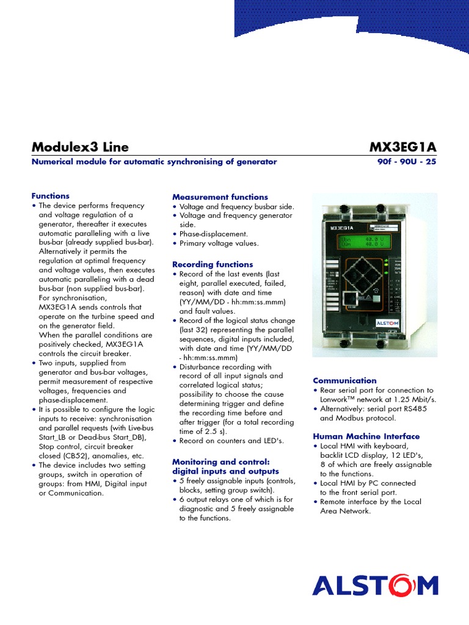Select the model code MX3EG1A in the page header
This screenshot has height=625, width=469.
403,147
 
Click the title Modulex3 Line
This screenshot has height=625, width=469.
79,147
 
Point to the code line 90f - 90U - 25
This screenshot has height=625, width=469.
407,162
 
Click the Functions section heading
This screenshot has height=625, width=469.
50,196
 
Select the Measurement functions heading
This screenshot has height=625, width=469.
220,197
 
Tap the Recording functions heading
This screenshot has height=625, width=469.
212,264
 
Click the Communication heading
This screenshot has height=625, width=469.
344,380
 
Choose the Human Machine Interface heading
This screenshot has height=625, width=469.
366,436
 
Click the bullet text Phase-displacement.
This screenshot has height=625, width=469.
213,234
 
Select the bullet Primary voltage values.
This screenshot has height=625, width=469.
219,243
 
